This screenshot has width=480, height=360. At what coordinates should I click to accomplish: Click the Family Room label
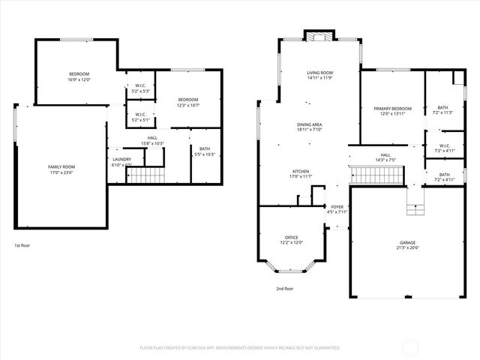[61, 166]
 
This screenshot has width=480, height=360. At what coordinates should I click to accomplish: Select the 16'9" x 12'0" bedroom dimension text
[79, 79]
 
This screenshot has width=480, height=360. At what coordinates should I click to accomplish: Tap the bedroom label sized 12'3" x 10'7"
[188, 100]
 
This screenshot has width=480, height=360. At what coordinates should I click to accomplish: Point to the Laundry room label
[121, 159]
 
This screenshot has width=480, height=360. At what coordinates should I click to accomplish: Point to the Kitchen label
[300, 171]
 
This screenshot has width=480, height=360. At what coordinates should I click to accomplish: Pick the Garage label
[408, 244]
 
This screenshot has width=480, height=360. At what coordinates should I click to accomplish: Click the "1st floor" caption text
[22, 245]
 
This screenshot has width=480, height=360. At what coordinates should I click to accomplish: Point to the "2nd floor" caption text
[284, 288]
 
